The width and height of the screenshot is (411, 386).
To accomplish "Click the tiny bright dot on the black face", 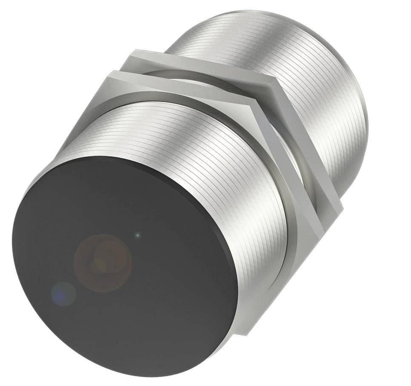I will click(x=137, y=234).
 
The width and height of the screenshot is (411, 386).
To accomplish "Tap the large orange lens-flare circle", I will click(x=103, y=263).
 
